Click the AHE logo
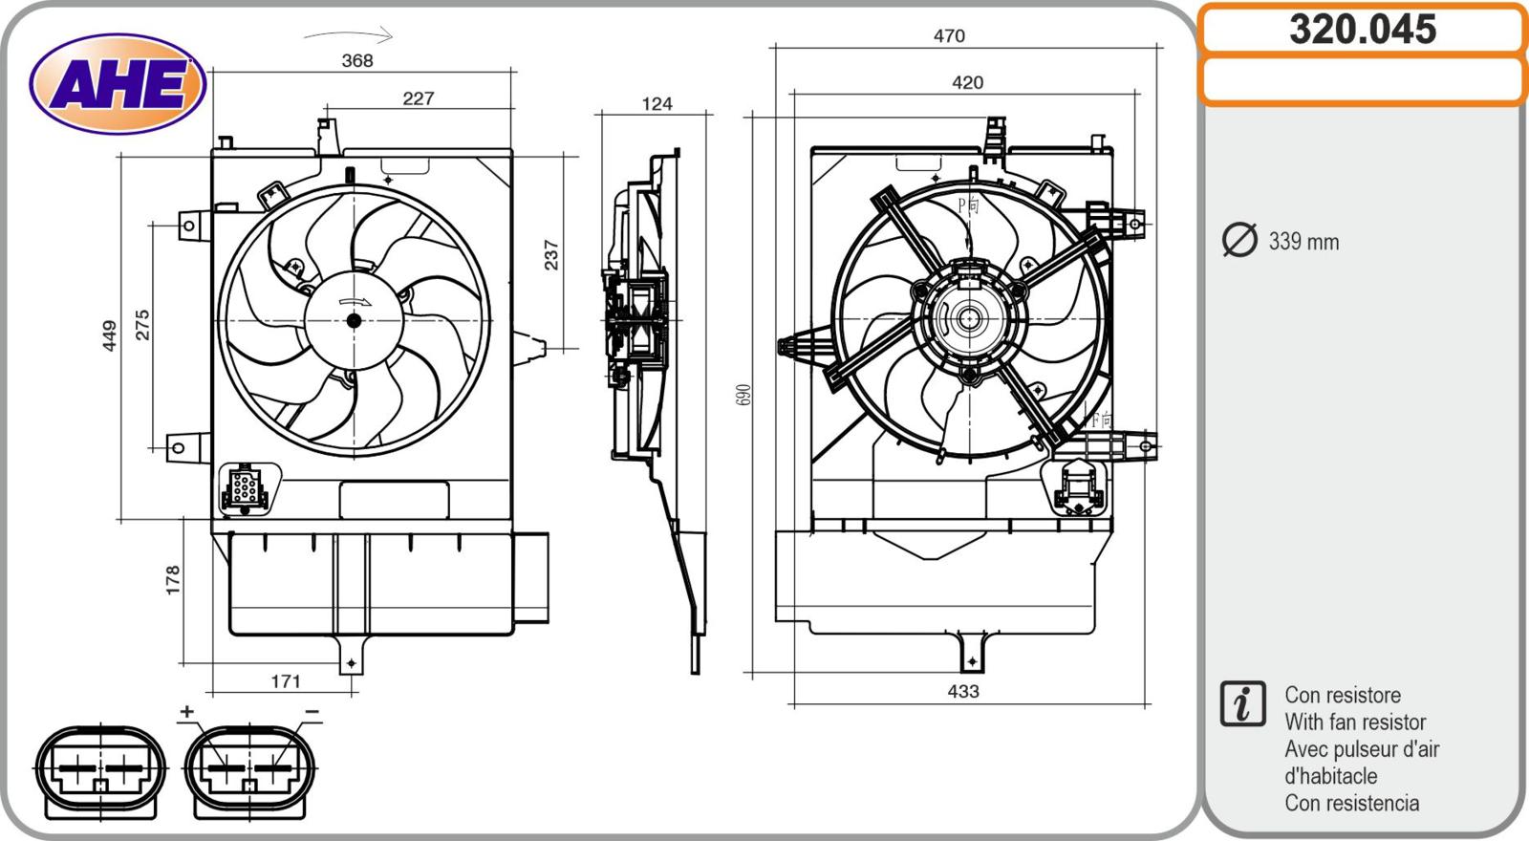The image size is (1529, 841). tap(118, 84)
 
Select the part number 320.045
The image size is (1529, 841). tap(1362, 30)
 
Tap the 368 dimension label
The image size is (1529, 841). tap(357, 60)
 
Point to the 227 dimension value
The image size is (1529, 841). tap(418, 97)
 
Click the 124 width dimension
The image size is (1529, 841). tap(657, 103)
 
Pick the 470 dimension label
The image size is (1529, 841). tap(949, 35)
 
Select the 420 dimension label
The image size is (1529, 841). tap(967, 82)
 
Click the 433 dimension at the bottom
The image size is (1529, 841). tap(963, 691)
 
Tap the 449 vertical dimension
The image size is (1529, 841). tap(109, 335)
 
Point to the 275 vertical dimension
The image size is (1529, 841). tap(142, 325)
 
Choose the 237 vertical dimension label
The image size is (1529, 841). tap(551, 254)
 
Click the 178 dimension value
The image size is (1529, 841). tap(173, 580)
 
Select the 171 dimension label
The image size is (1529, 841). tap(286, 680)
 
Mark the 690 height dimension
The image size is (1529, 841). tap(744, 394)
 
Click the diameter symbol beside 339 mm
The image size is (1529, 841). tap(1239, 240)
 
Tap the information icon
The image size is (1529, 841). tap(1242, 703)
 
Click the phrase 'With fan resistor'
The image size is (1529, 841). tap(1354, 722)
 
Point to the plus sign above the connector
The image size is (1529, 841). tap(186, 711)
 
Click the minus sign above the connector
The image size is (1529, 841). tap(312, 712)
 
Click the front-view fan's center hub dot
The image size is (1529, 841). tap(354, 320)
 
